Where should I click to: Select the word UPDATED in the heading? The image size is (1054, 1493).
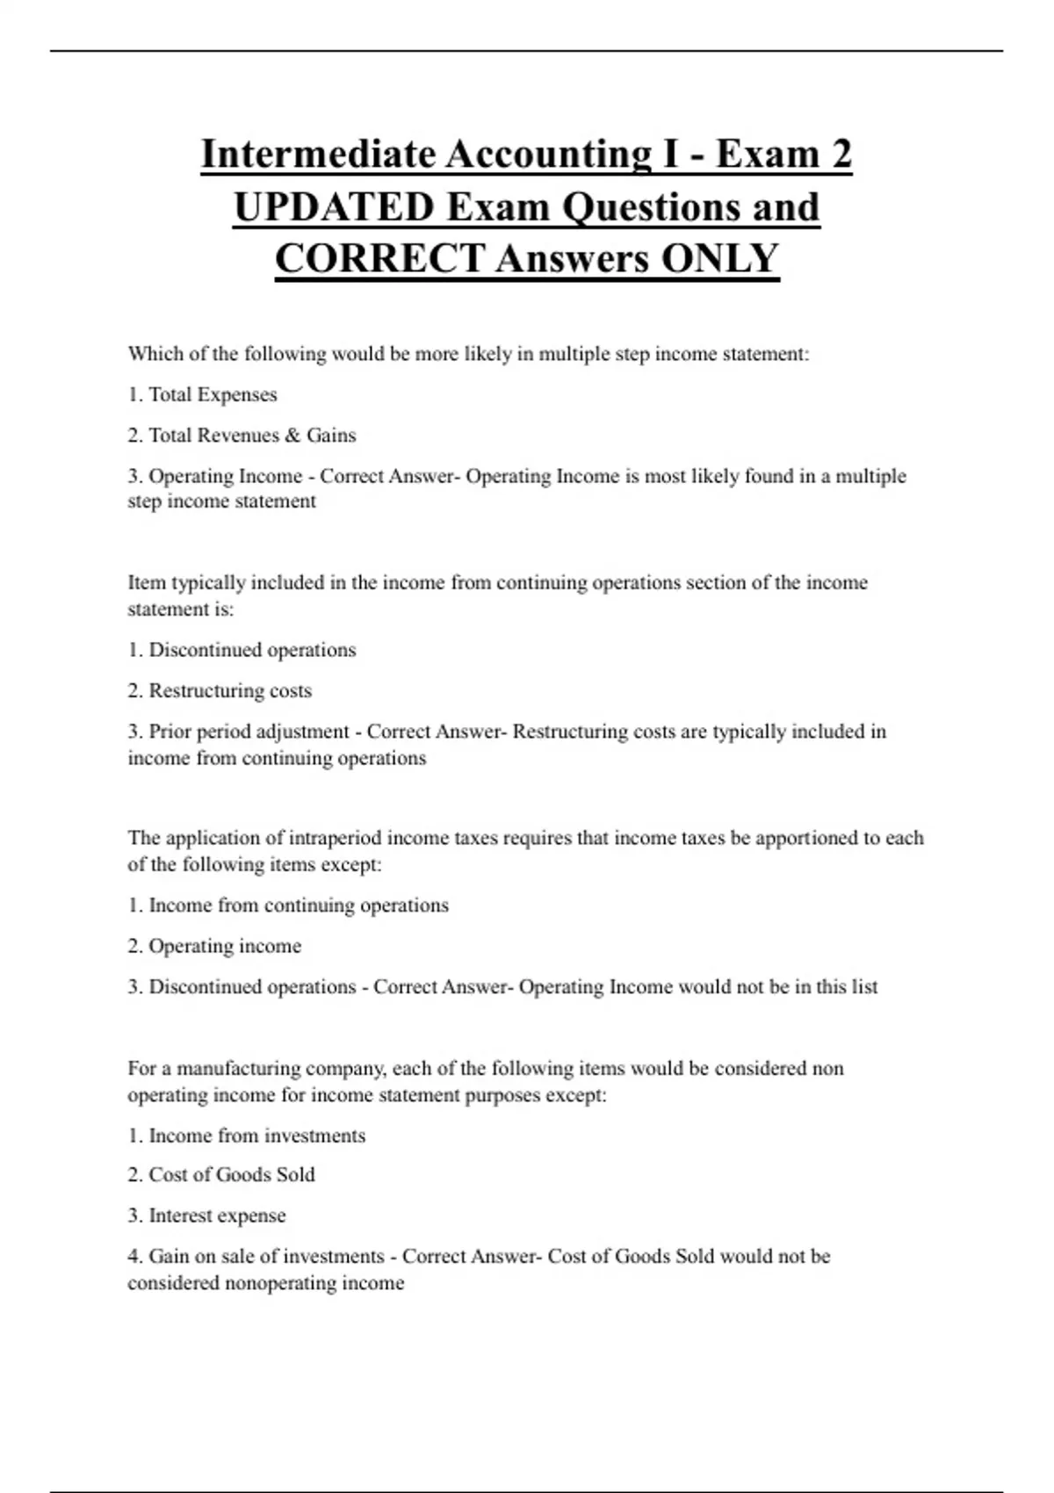[x=335, y=207]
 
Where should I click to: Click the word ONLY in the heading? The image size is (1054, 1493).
[x=719, y=259]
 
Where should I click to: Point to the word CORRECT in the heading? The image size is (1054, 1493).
[x=379, y=259]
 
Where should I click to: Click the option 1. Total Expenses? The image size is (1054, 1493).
[x=203, y=395]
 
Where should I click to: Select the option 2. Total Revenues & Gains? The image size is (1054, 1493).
[x=242, y=436]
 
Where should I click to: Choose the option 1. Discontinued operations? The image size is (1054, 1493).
[x=242, y=650]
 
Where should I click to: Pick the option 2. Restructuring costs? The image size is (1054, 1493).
[x=220, y=691]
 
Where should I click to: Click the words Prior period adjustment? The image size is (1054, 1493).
[x=249, y=732]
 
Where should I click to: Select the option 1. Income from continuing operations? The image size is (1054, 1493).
[x=288, y=905]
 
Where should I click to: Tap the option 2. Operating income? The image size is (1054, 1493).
[x=214, y=947]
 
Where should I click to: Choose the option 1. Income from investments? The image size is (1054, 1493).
[x=247, y=1136]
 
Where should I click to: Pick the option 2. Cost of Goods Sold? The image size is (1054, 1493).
[x=221, y=1175]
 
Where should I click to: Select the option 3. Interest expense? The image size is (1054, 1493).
[x=207, y=1216]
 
